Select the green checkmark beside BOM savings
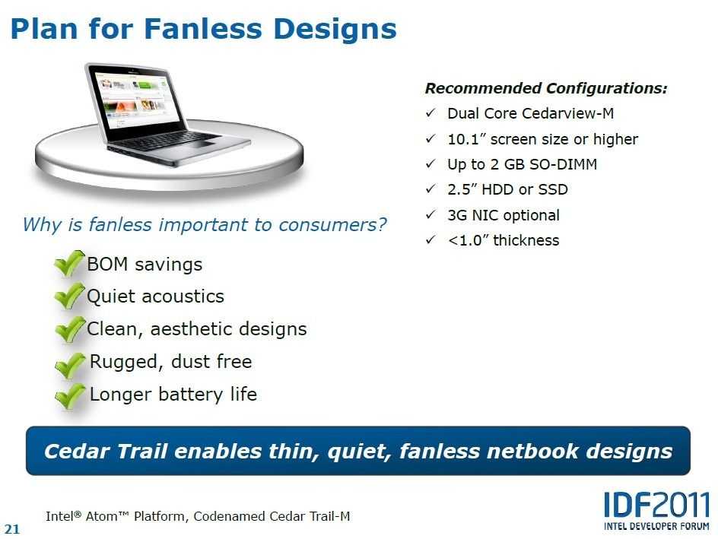pos(70,264)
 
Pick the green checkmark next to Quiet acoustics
pos(70,296)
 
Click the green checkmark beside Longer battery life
pos(70,395)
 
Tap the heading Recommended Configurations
pos(546,88)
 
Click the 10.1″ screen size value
pos(466,138)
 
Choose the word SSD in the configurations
pos(553,189)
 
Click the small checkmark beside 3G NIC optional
pos(430,214)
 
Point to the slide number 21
pos(12,529)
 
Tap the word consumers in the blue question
pos(332,225)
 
